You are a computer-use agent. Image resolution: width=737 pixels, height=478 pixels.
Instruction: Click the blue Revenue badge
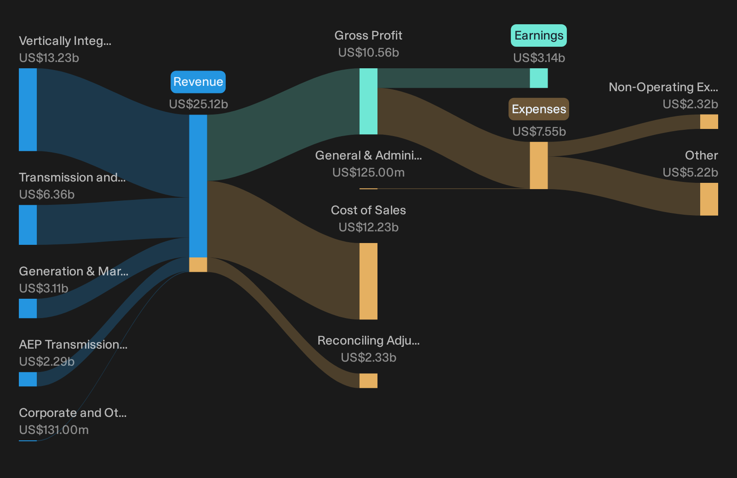(198, 82)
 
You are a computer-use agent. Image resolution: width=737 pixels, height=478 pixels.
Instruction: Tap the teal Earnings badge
(539, 35)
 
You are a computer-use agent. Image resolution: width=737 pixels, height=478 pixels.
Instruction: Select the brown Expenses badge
(539, 109)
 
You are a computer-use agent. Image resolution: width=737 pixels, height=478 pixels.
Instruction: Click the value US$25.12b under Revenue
(198, 104)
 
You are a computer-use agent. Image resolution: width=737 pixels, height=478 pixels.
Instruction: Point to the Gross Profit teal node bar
(368, 101)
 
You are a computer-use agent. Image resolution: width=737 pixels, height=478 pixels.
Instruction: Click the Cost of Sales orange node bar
(368, 281)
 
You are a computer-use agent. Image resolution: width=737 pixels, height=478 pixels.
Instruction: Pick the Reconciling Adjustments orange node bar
(368, 381)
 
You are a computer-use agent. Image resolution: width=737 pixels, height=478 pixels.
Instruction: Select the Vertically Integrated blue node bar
(28, 110)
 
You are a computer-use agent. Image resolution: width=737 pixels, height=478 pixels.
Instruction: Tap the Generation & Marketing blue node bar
(28, 308)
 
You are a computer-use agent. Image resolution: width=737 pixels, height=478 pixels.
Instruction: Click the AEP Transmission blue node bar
(28, 379)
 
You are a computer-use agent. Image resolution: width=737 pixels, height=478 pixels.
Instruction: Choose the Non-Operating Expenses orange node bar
(709, 122)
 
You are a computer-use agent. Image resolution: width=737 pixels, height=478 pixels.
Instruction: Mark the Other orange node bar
(709, 199)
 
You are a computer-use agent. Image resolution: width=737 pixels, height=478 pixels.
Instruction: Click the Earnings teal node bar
(539, 78)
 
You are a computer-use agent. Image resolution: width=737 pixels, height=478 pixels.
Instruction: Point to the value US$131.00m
(54, 430)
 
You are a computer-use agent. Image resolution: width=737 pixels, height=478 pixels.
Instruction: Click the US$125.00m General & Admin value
(368, 173)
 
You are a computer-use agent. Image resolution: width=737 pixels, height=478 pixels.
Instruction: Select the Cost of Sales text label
(368, 210)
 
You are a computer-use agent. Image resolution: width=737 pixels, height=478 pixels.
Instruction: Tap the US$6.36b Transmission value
(47, 195)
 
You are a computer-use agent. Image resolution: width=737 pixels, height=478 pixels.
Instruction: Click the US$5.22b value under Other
(690, 173)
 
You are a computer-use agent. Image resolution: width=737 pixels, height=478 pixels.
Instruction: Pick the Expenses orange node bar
(539, 165)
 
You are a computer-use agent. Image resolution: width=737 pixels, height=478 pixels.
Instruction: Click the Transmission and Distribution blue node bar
(28, 225)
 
